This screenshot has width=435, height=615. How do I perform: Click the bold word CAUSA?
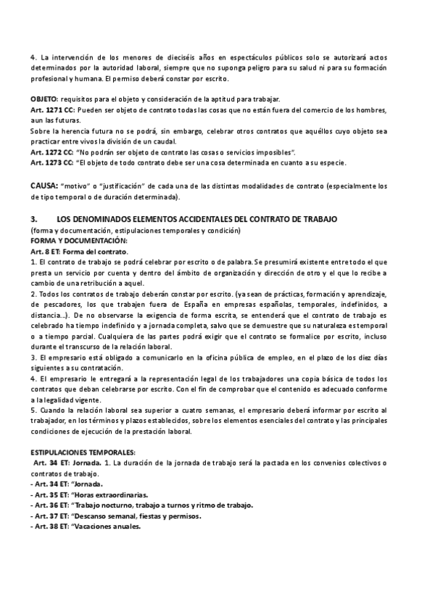(43, 186)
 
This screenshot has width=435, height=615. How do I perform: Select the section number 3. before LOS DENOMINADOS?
(33, 218)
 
